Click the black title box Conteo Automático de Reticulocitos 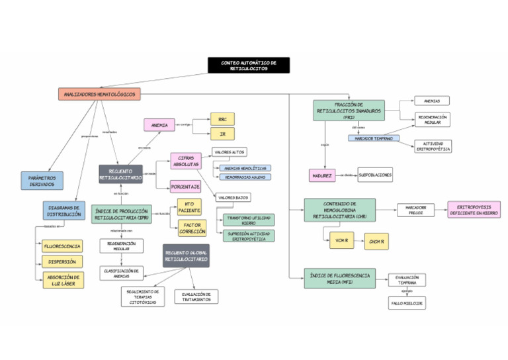248,65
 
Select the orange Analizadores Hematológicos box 99,95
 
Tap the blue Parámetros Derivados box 42,181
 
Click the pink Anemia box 159,124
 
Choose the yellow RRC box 222,119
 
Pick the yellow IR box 222,134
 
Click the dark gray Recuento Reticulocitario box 120,175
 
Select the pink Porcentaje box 186,187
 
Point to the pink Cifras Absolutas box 186,161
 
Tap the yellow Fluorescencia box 63,246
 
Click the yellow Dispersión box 63,262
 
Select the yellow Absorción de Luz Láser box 63,281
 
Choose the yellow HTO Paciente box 189,207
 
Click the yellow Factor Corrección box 192,228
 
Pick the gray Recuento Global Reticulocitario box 186,256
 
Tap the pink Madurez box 323,175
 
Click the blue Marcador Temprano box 374,138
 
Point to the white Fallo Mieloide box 407,303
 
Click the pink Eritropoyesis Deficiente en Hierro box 474,210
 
